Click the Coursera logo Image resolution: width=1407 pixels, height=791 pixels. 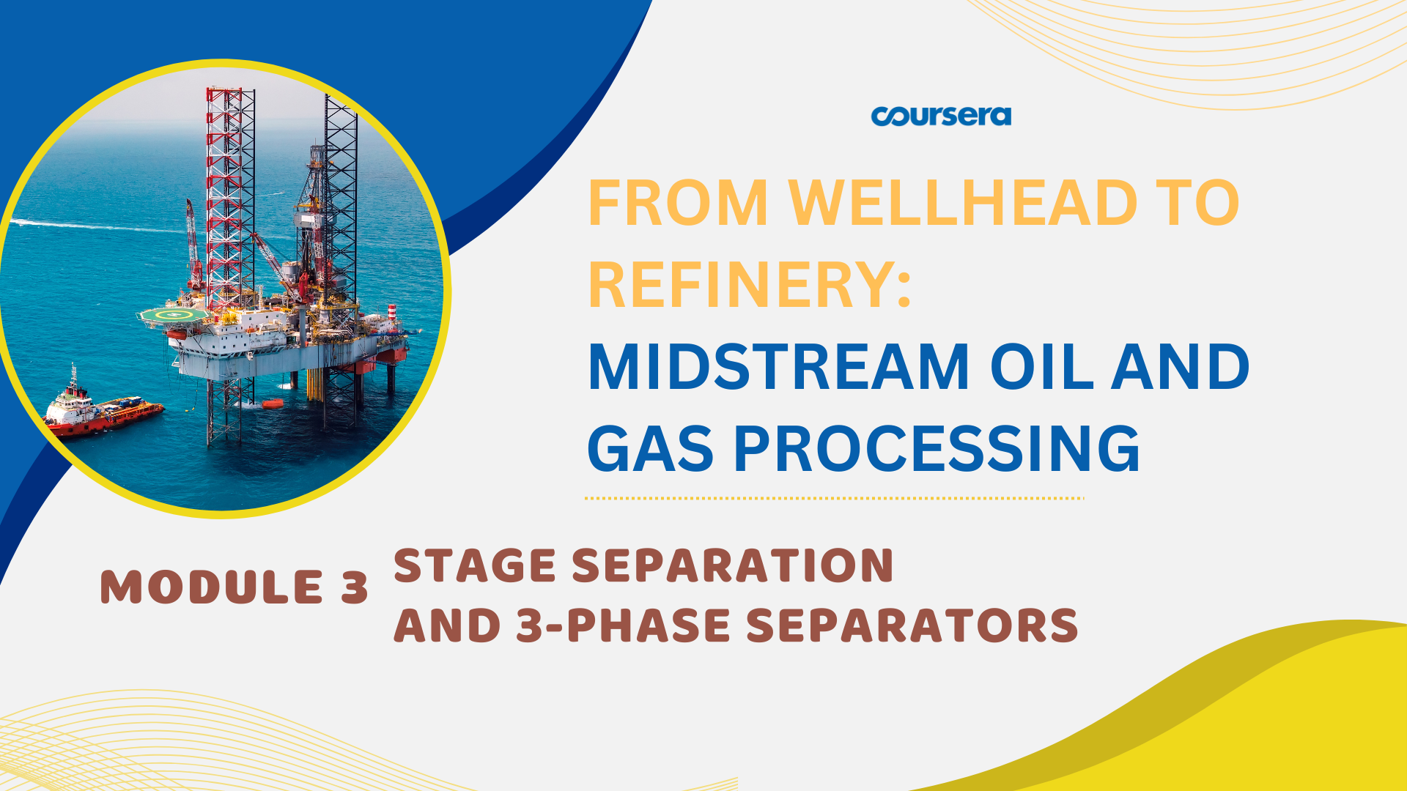941,116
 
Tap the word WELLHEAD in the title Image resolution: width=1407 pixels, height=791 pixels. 962,203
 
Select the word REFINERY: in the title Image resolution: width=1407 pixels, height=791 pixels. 750,284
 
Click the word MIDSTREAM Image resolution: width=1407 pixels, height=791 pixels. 779,366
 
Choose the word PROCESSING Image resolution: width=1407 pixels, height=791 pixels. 937,448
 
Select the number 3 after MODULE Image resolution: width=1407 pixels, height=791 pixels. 354,587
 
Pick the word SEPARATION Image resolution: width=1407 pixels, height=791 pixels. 733,565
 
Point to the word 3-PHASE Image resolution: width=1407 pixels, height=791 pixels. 623,625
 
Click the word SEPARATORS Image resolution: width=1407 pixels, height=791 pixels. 912,625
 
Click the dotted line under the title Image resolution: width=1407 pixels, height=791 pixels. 834,498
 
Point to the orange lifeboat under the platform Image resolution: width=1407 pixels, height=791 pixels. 272,404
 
